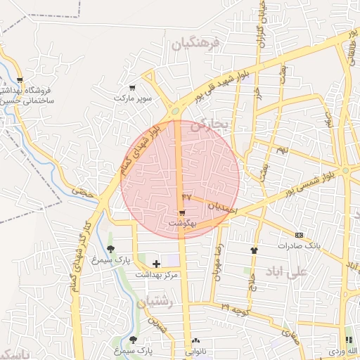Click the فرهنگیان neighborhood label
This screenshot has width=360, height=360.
(195, 44)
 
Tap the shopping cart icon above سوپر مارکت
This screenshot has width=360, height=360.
(132, 88)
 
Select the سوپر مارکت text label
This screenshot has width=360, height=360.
(134, 98)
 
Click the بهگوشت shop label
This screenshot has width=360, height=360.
(182, 223)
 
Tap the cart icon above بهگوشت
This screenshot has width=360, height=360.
(182, 212)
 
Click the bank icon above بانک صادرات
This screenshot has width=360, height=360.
(299, 235)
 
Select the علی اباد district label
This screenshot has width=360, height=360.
(288, 271)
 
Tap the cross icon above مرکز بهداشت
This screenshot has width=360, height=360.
(156, 264)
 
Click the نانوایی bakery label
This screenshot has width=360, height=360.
(195, 350)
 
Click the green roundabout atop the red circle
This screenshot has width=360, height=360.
(174, 110)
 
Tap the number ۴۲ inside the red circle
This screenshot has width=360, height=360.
(186, 196)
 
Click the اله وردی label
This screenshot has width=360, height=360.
(347, 350)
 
